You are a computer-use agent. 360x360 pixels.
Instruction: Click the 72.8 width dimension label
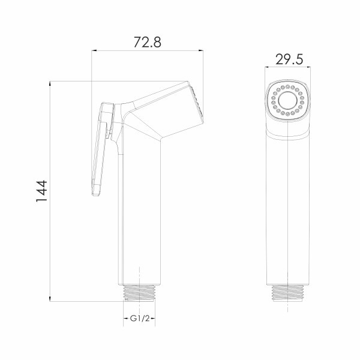(x=148, y=42)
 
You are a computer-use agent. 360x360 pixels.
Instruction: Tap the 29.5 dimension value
(x=289, y=59)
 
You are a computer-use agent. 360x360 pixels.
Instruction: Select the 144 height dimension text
(x=41, y=191)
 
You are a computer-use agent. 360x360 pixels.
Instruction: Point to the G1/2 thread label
(x=140, y=319)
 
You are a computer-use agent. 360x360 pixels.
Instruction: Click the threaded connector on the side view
(x=140, y=293)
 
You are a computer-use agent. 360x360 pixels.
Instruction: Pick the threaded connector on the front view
(x=287, y=293)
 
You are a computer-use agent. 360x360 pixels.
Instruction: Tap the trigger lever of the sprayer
(x=102, y=149)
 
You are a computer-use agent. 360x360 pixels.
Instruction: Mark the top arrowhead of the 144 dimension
(x=50, y=84)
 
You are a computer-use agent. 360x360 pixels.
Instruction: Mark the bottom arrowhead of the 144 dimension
(x=50, y=298)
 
